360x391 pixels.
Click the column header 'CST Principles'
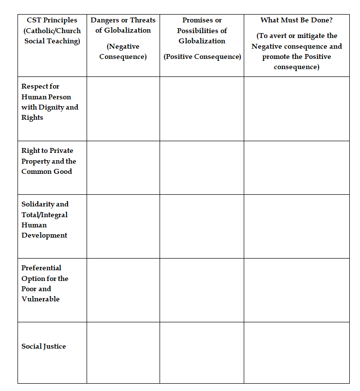52,20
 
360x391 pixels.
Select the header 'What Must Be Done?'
296,20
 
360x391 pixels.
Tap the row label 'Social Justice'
44,346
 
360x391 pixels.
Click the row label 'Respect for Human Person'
46,92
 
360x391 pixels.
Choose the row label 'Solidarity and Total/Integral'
45,209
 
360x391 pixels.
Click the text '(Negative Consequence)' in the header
123,52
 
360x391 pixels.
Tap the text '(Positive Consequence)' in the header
202,57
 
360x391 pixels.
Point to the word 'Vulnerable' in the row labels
40,299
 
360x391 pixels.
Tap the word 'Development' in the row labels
44,235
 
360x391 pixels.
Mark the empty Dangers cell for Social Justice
123,352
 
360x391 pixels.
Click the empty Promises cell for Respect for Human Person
202,109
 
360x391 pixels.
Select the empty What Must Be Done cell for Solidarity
296,226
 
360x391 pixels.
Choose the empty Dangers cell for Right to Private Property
123,168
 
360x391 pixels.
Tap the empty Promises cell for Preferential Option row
202,290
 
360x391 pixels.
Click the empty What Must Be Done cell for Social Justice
296,352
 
